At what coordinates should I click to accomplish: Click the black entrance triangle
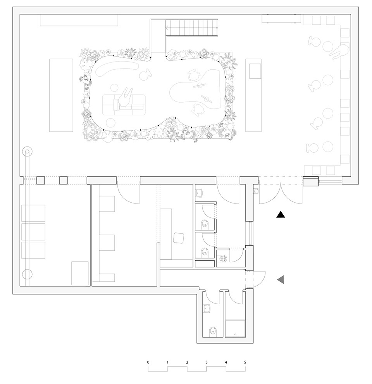pyautogui.click(x=281, y=215)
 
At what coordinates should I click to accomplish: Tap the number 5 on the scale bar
pyautogui.click(x=245, y=362)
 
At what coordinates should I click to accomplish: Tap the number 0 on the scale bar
pyautogui.click(x=148, y=362)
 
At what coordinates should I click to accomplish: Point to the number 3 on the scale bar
pyautogui.click(x=207, y=362)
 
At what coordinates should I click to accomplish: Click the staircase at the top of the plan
pyautogui.click(x=191, y=28)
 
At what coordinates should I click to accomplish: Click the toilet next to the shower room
pyautogui.click(x=213, y=331)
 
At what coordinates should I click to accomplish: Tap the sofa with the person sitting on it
pyautogui.click(x=124, y=105)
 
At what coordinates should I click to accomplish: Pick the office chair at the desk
pyautogui.click(x=178, y=238)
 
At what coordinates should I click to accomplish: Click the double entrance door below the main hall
pyautogui.click(x=281, y=193)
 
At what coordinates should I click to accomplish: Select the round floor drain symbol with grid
pyautogui.click(x=223, y=258)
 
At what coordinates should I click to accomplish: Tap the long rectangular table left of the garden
pyautogui.click(x=61, y=95)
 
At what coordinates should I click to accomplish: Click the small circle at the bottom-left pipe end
pyautogui.click(x=27, y=274)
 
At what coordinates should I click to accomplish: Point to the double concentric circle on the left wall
pyautogui.click(x=27, y=152)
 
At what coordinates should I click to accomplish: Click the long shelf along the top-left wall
pyautogui.click(x=79, y=20)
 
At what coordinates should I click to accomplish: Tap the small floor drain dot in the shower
pyautogui.click(x=235, y=334)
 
